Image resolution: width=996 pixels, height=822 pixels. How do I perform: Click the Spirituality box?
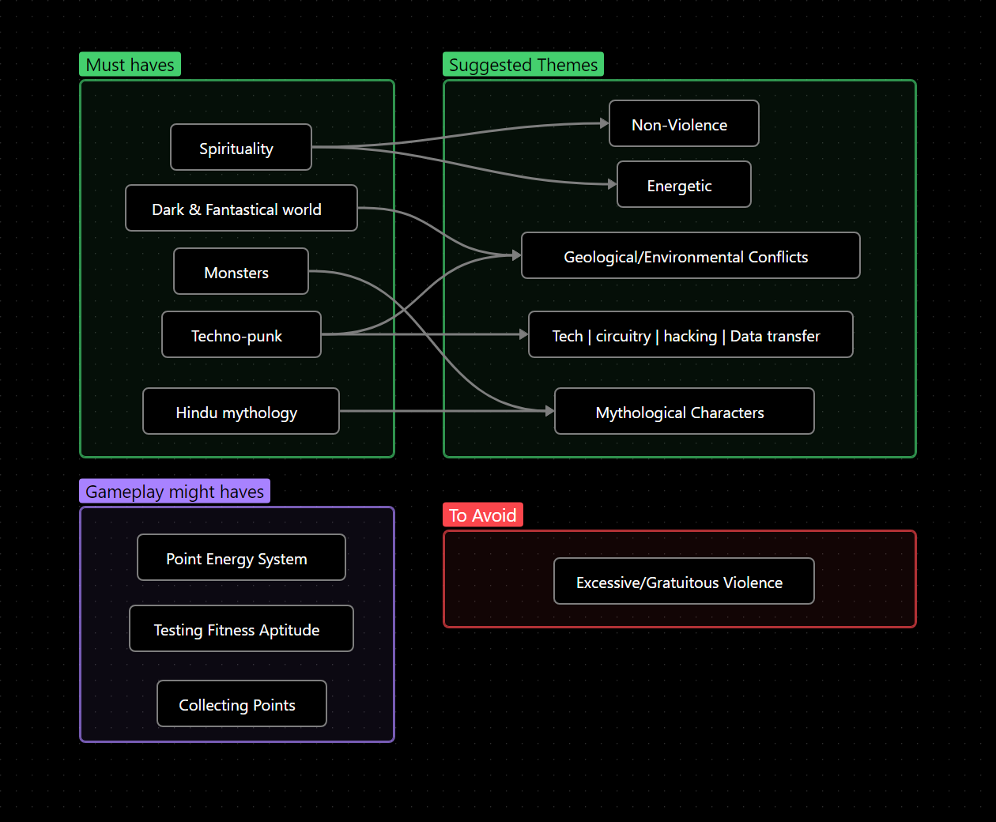[241, 147]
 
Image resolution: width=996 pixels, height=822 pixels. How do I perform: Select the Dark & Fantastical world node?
[241, 208]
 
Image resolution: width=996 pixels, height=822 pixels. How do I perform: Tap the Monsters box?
[241, 271]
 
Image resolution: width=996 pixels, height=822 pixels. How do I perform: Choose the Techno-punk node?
[241, 334]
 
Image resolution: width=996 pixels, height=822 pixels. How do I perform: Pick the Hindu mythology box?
[241, 411]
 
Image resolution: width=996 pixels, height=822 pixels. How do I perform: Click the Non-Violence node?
[684, 123]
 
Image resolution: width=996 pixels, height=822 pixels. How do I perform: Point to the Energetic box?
[684, 184]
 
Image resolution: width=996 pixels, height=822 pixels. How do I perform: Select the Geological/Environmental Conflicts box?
[691, 255]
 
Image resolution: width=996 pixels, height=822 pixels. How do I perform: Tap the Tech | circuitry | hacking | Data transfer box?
[691, 334]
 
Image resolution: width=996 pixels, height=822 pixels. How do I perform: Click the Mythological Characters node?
[684, 411]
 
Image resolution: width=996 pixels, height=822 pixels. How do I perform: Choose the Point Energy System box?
[241, 557]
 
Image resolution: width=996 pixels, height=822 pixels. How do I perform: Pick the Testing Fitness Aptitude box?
[241, 628]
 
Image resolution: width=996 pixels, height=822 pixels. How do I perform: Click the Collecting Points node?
[242, 703]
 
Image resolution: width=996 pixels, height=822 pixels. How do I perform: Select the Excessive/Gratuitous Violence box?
[684, 581]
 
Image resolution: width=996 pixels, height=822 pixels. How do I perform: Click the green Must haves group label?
[130, 64]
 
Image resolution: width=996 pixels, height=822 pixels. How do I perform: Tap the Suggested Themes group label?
[523, 64]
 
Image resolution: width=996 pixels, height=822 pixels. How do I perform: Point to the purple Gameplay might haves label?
[175, 491]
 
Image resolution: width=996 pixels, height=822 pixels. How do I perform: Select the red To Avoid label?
[483, 515]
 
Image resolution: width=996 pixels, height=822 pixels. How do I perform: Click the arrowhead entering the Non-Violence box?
[605, 123]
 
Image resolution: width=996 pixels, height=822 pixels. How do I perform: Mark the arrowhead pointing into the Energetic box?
[613, 184]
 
